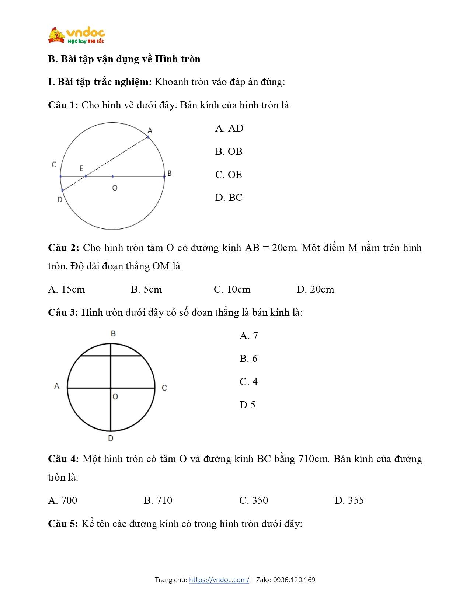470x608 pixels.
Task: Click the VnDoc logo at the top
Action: pyautogui.click(x=76, y=35)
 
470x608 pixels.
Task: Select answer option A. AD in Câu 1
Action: pyautogui.click(x=229, y=128)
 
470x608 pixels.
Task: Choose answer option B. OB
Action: pyautogui.click(x=229, y=151)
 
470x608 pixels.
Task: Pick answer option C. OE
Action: pyautogui.click(x=229, y=175)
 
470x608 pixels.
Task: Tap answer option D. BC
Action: pyautogui.click(x=229, y=198)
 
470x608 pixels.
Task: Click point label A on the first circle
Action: pyautogui.click(x=150, y=130)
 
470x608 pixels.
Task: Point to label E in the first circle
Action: pyautogui.click(x=81, y=168)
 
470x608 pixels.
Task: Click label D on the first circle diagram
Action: pyautogui.click(x=60, y=200)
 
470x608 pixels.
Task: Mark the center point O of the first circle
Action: pyautogui.click(x=113, y=177)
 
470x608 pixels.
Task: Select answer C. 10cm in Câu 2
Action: pyautogui.click(x=232, y=289)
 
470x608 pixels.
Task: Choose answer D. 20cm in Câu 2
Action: pyautogui.click(x=315, y=289)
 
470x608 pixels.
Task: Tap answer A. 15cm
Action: pyautogui.click(x=66, y=289)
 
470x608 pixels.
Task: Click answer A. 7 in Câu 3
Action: pyautogui.click(x=248, y=336)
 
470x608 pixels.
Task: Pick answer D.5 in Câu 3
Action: pyautogui.click(x=247, y=405)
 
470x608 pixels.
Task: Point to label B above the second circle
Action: pyautogui.click(x=113, y=333)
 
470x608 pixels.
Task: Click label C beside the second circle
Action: pyautogui.click(x=164, y=388)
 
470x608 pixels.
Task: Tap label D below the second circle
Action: pyautogui.click(x=111, y=438)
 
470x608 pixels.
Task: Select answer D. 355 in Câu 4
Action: pyautogui.click(x=349, y=500)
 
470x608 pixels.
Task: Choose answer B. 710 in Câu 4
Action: pyautogui.click(x=158, y=500)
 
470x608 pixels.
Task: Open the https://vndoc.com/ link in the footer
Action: pyautogui.click(x=219, y=580)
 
